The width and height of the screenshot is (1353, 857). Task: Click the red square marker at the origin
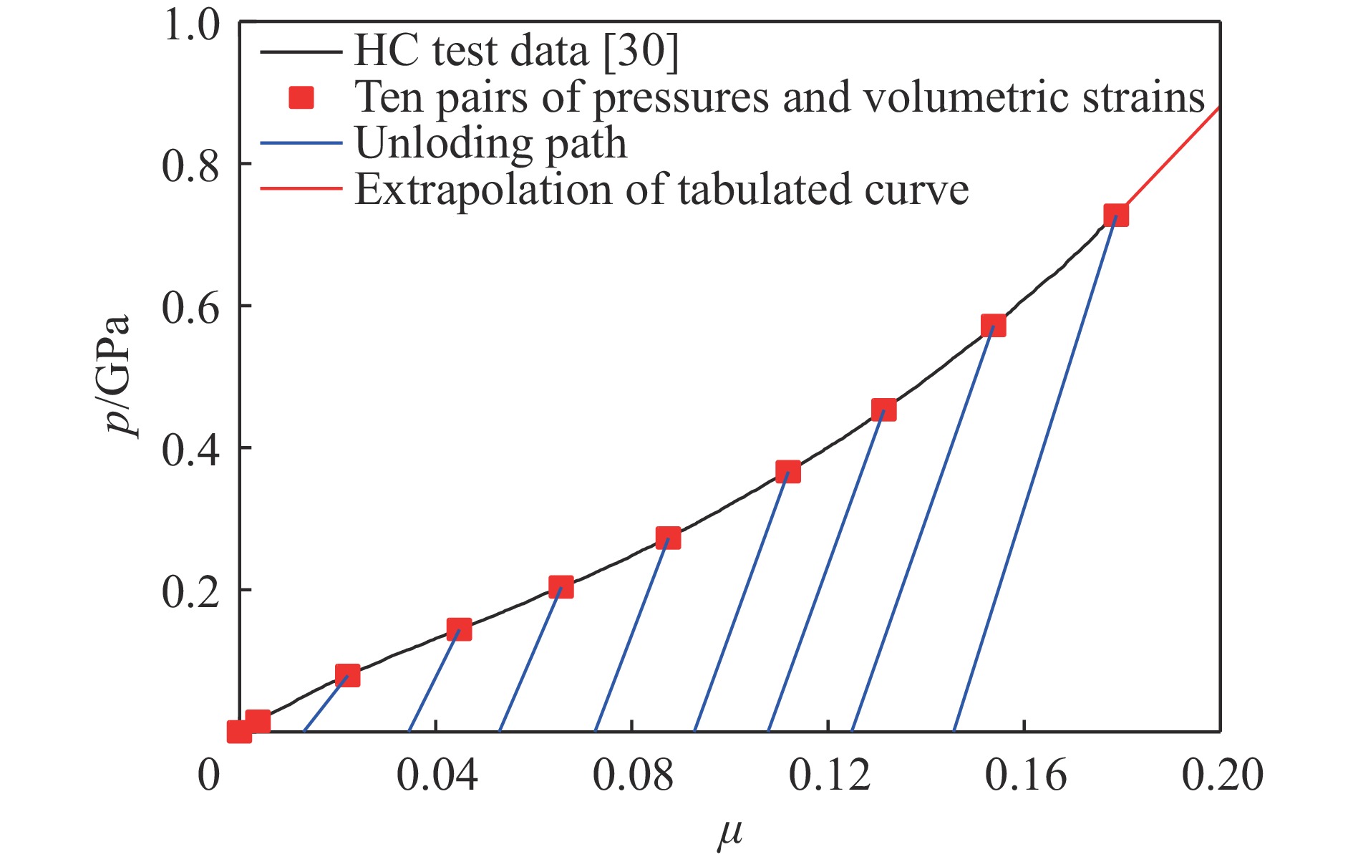click(239, 731)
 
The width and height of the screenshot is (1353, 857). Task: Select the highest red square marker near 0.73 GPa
click(1115, 215)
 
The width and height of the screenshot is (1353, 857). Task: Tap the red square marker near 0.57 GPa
click(993, 326)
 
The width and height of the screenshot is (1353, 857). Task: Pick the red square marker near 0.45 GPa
click(883, 410)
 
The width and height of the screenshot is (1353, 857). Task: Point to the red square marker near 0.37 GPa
click(787, 472)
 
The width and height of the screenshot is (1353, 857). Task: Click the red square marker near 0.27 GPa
click(668, 538)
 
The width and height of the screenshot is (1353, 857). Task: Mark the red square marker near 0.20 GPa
click(561, 587)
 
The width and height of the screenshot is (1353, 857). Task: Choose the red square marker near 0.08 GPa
click(347, 675)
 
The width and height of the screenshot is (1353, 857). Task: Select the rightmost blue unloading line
click(1034, 473)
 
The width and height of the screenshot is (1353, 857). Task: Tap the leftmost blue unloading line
click(326, 703)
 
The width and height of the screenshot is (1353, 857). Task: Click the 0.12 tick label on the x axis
click(829, 776)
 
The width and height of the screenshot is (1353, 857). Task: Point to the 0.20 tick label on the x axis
click(1221, 776)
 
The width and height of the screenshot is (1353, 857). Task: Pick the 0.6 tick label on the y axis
click(190, 307)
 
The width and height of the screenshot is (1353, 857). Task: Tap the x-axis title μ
click(730, 835)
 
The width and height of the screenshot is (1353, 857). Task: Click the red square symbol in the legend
click(301, 97)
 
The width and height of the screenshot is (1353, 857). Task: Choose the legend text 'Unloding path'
click(490, 143)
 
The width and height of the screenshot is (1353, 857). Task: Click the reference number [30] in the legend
click(640, 51)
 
